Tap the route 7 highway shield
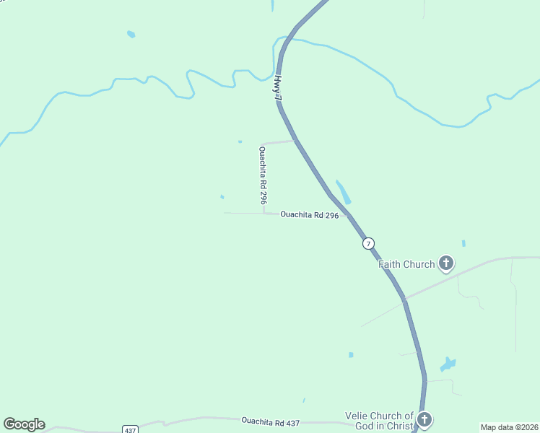[369, 243]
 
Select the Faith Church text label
[407, 264]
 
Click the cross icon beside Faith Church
[446, 263]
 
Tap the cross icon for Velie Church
[424, 419]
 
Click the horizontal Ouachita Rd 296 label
[309, 214]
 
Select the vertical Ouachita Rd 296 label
[264, 176]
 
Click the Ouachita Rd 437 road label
[270, 421]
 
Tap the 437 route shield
[130, 430]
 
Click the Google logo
[24, 424]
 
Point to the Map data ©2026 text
[509, 427]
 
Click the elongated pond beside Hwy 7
[343, 192]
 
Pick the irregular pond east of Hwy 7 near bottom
[448, 364]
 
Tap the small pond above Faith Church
[463, 243]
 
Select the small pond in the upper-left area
[131, 34]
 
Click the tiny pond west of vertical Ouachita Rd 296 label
[222, 196]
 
